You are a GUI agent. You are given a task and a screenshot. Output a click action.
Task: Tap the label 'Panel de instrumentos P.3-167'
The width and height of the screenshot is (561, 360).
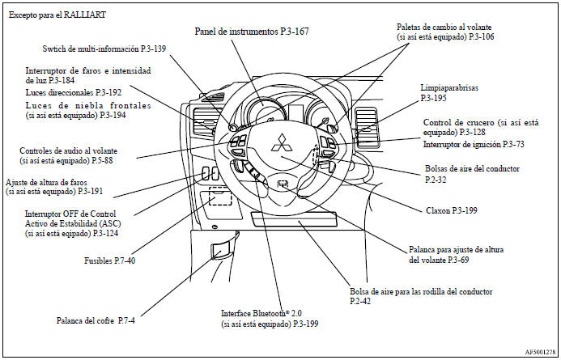pos(252,32)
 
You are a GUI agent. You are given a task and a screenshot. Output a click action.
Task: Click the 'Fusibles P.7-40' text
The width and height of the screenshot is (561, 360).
pos(108,261)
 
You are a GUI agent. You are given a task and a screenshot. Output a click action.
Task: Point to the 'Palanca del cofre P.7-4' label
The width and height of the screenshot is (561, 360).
pos(95,320)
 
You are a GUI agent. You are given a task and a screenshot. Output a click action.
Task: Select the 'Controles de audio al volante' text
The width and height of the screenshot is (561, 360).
pos(68,151)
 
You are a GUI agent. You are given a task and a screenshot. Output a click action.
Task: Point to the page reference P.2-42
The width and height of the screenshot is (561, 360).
pos(360,301)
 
